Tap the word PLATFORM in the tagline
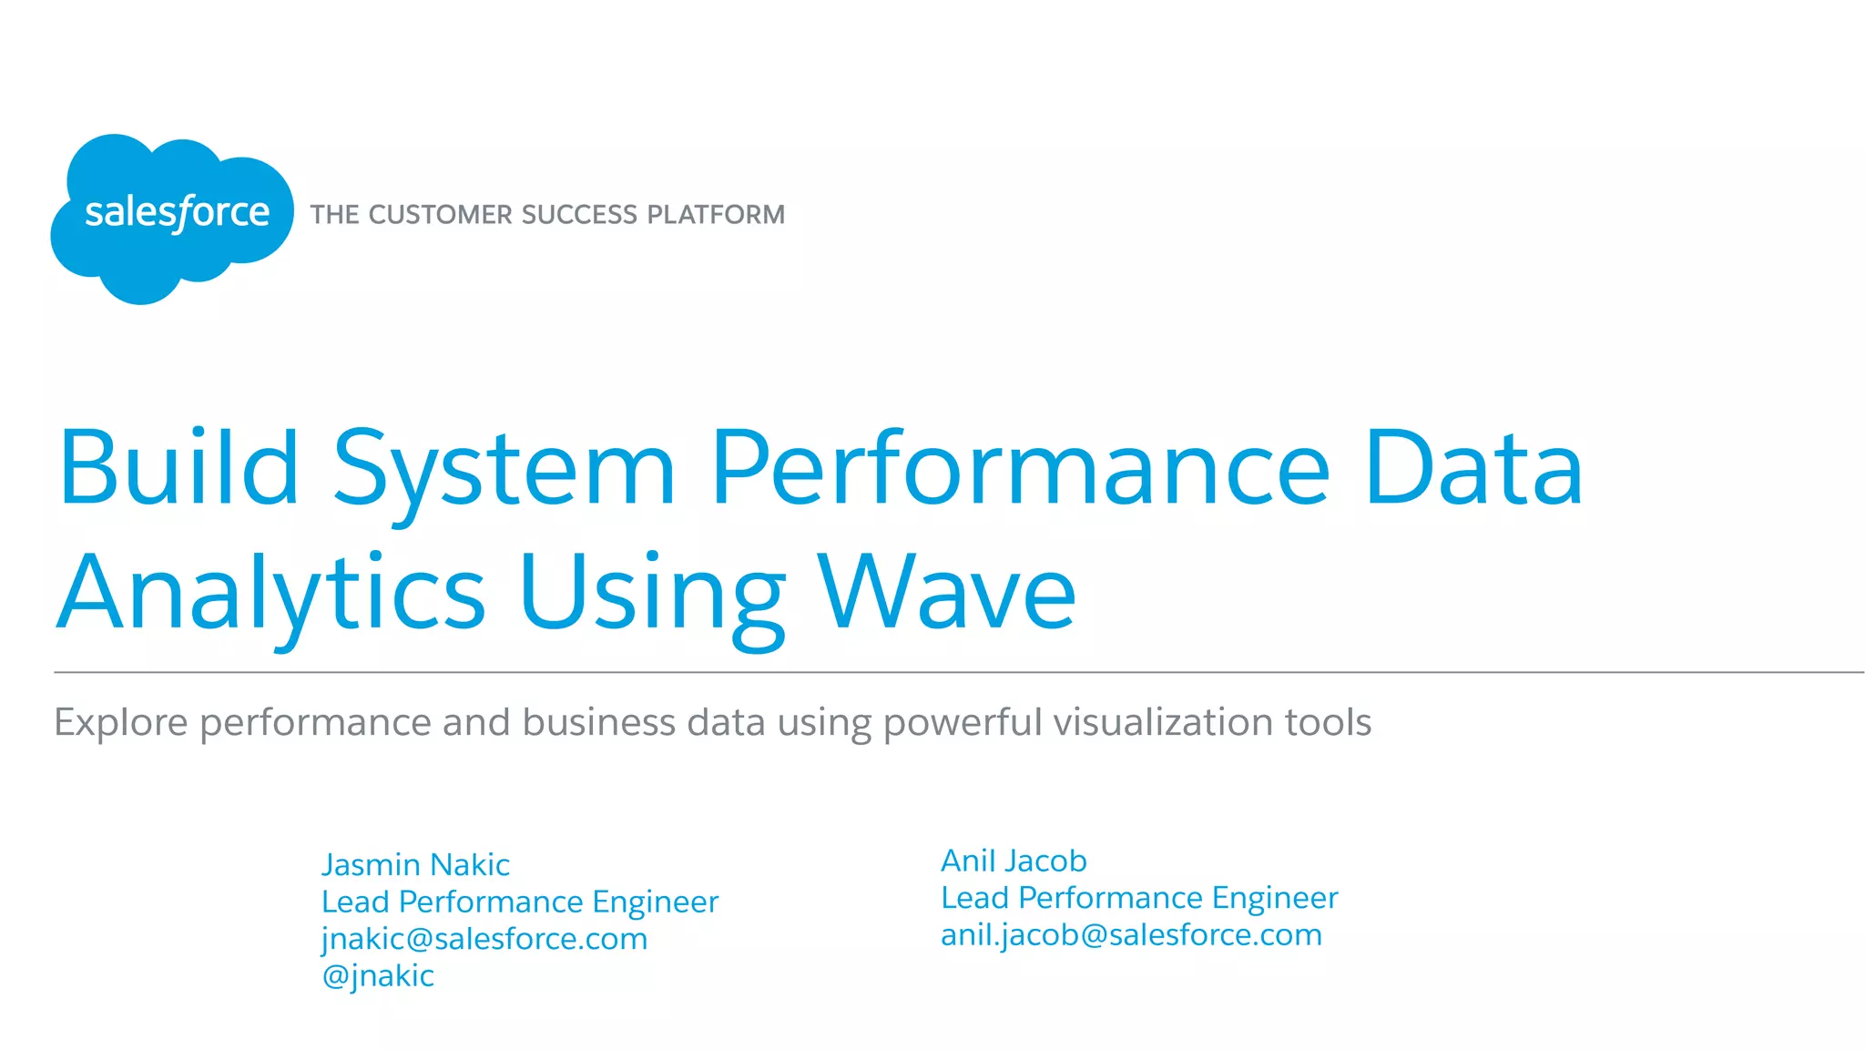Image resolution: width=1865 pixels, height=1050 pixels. pyautogui.click(x=716, y=215)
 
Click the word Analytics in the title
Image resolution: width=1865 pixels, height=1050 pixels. pyautogui.click(x=271, y=594)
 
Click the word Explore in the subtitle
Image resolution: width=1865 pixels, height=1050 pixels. pyautogui.click(x=121, y=722)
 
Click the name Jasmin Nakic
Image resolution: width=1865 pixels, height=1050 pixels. pyautogui.click(x=415, y=864)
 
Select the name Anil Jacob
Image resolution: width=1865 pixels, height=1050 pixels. pyautogui.click(x=1014, y=861)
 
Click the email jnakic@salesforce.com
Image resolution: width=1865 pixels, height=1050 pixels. pyautogui.click(x=484, y=939)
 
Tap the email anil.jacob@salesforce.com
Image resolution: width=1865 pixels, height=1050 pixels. pyautogui.click(x=1131, y=935)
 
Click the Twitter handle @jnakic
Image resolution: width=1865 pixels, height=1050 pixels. pyautogui.click(x=378, y=975)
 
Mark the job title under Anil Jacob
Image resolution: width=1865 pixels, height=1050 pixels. pyautogui.click(x=1139, y=898)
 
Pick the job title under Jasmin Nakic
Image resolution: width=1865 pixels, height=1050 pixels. pyautogui.click(x=520, y=902)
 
